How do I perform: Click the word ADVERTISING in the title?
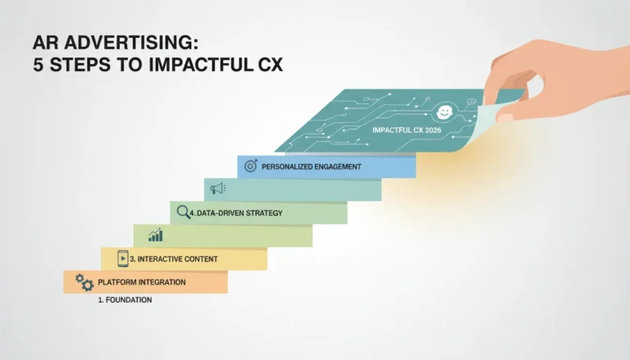[131, 43]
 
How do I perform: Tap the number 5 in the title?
[38, 65]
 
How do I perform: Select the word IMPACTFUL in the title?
[201, 65]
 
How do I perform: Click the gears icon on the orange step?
[84, 282]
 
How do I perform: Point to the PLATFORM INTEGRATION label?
[142, 282]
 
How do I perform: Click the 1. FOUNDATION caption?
[125, 300]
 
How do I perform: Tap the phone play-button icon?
[123, 258]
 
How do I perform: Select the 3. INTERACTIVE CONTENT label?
[174, 259]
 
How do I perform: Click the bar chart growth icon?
[156, 235]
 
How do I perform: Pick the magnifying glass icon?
[183, 212]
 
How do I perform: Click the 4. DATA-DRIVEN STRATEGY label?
[236, 213]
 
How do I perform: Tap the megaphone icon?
[217, 188]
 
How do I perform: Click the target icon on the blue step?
[251, 165]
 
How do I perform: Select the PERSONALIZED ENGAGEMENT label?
[312, 166]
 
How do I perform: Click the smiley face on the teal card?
[445, 112]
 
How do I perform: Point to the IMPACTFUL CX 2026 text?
[407, 130]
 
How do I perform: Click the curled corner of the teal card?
[484, 121]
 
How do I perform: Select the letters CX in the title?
[271, 65]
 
